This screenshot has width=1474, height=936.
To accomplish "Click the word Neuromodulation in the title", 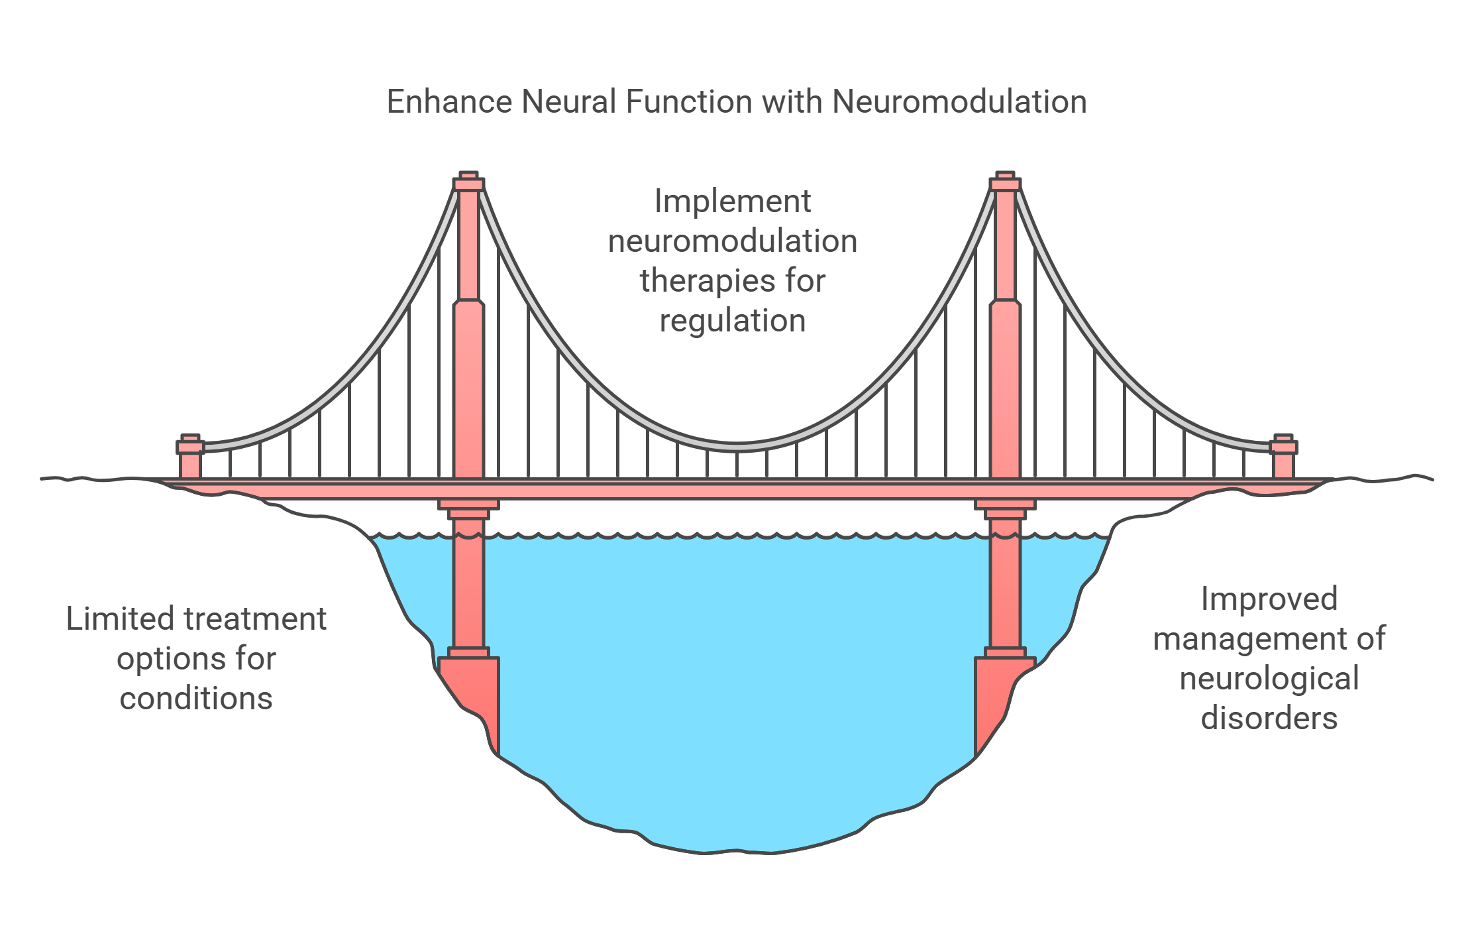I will point(959,102).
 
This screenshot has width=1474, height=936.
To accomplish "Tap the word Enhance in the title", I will point(449,102).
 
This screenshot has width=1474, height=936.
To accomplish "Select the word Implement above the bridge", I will point(732,201).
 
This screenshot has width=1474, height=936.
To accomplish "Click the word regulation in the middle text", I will point(732,322).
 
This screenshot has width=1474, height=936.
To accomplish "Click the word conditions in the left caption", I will point(196,699).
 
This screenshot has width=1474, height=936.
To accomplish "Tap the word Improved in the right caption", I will point(1269,599).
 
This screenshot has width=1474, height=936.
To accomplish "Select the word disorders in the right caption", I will point(1269,719).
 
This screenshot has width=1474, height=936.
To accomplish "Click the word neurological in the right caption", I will point(1269,679).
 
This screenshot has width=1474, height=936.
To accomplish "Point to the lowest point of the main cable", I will point(737,447).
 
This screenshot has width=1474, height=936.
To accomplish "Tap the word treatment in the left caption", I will point(255,619).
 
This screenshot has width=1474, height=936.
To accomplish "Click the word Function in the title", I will point(689,102).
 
